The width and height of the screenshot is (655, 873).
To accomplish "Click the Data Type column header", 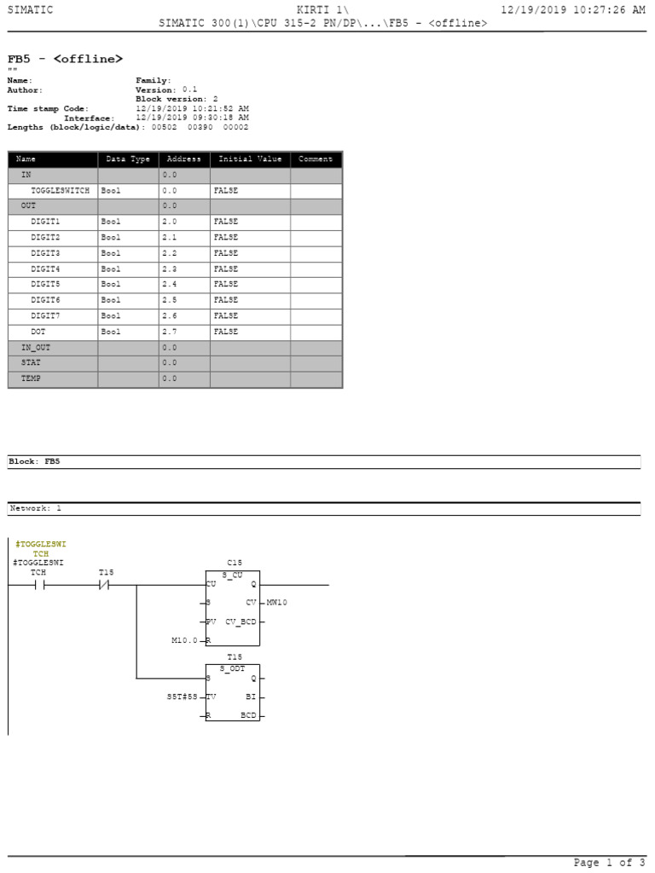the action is [128, 159].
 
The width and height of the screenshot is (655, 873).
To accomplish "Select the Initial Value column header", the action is [250, 159].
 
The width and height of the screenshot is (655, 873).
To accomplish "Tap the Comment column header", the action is [316, 159].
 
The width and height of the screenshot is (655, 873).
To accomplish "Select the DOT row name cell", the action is [38, 331].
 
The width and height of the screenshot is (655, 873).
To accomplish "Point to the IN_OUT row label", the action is [36, 348].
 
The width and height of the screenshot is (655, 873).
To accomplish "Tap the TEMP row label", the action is [31, 379].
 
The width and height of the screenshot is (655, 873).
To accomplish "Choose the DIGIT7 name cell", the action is [45, 315].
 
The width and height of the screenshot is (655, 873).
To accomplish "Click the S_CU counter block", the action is [233, 608].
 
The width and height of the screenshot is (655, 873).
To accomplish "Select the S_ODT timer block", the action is [233, 692].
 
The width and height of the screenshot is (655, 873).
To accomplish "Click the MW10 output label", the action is [277, 603].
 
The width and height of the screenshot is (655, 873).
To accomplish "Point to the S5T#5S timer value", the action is [182, 697].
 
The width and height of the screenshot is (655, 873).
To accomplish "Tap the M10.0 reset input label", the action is [183, 640].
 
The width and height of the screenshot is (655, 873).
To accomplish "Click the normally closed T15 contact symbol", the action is [106, 586].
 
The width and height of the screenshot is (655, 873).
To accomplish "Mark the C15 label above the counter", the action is [235, 563].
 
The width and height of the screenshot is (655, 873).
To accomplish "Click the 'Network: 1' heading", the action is [35, 508].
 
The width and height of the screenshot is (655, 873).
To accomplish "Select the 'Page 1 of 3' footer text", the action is [603, 863].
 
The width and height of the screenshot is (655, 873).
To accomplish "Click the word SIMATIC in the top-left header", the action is [30, 9].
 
